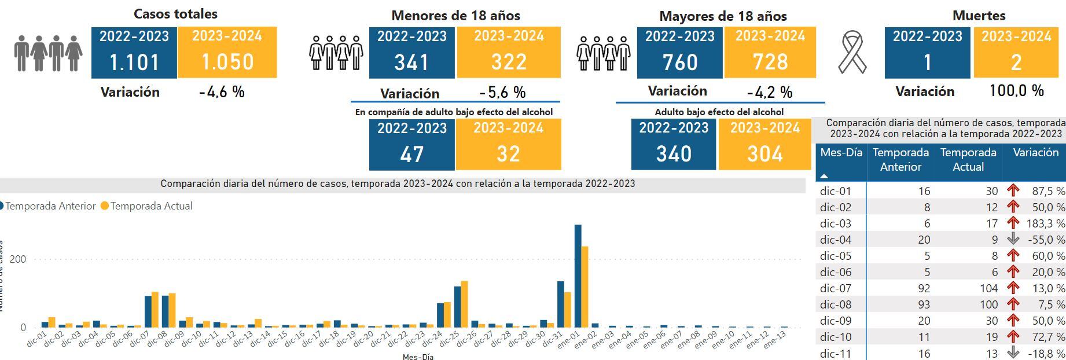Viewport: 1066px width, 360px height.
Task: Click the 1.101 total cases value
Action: click(x=134, y=62)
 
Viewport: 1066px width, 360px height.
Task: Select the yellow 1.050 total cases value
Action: click(x=227, y=62)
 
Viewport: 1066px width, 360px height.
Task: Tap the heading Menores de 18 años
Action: click(x=455, y=16)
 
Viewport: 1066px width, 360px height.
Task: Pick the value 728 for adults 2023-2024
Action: click(x=770, y=62)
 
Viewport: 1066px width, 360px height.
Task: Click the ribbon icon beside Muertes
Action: click(x=852, y=52)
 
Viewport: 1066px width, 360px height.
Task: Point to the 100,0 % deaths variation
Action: click(x=1016, y=91)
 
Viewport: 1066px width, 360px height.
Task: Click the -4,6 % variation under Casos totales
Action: click(x=222, y=92)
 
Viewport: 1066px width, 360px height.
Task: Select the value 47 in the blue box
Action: click(x=411, y=154)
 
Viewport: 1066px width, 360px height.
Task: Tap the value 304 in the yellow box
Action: click(x=764, y=154)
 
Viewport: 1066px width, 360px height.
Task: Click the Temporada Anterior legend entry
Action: click(x=50, y=206)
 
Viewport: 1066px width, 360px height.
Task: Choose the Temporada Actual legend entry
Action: click(x=150, y=206)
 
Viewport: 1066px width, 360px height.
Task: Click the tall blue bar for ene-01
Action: click(x=578, y=275)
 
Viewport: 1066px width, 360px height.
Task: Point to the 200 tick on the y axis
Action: click(x=18, y=259)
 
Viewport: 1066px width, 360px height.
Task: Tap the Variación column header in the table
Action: click(x=1035, y=153)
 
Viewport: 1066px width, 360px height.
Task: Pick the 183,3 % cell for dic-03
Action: click(x=1047, y=223)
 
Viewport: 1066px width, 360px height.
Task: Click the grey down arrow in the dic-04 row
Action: click(x=1013, y=239)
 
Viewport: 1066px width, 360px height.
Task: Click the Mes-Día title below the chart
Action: click(x=418, y=357)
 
